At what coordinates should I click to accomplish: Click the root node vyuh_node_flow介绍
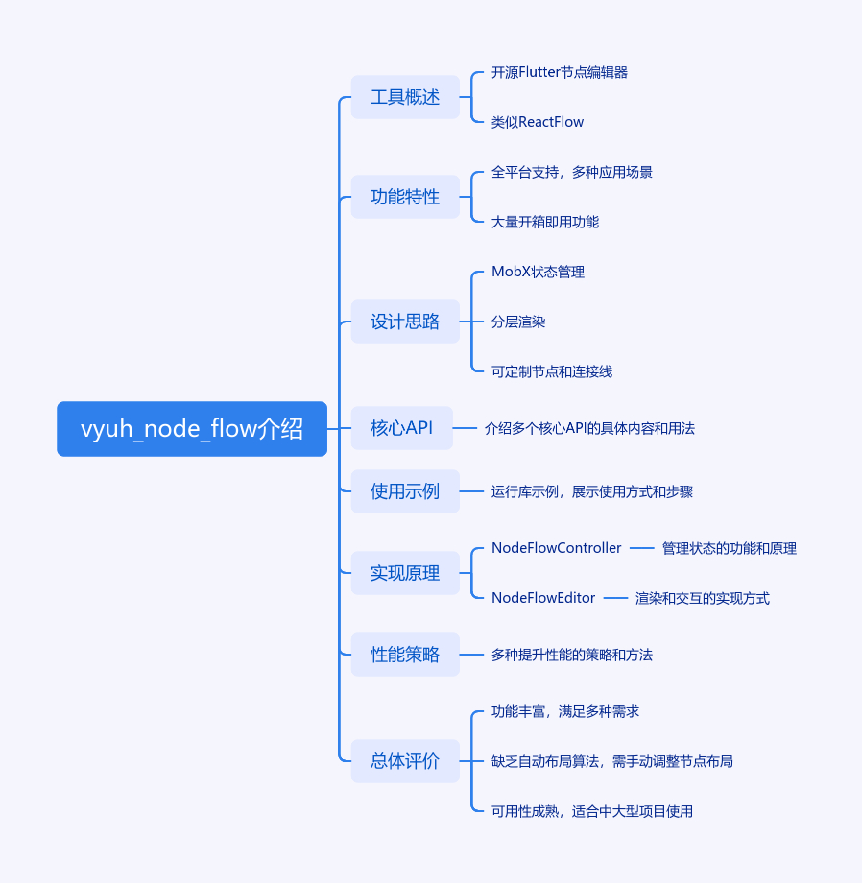192,429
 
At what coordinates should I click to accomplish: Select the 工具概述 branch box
405,97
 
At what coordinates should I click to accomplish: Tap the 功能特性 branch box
405,197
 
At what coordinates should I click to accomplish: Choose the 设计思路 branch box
405,322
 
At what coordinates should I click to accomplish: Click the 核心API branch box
402,428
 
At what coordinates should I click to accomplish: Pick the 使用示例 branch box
405,491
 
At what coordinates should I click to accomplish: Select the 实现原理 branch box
405,573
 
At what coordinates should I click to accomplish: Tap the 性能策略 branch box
405,655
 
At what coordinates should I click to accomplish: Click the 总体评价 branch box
405,761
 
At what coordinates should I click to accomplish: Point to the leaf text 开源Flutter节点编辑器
560,72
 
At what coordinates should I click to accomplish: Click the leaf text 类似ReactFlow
538,122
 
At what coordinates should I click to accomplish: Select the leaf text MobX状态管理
538,272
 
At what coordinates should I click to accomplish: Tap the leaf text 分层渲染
518,322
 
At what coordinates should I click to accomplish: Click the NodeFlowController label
557,548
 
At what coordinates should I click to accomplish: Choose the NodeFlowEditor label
543,598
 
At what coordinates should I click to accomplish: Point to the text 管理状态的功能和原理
730,548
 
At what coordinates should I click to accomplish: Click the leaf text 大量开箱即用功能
545,222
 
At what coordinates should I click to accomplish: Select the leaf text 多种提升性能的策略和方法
572,655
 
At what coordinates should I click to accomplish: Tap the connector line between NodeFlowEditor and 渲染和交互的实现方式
615,598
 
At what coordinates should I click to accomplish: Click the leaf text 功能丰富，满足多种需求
565,711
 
